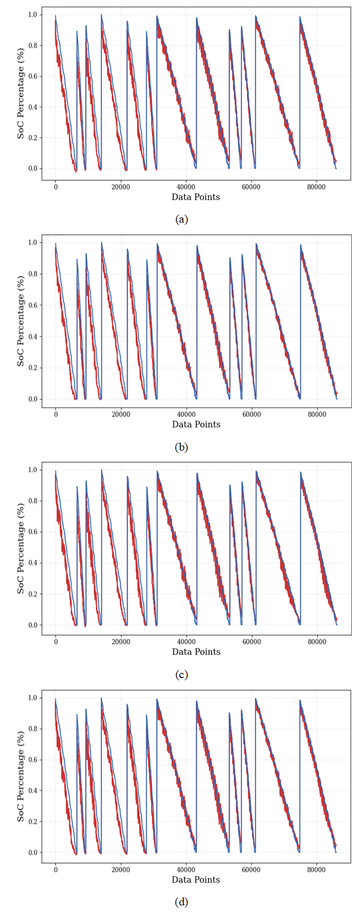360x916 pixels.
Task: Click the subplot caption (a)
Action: click(x=181, y=220)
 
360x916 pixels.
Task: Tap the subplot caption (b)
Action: click(x=181, y=448)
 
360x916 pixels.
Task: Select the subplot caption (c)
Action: click(x=181, y=675)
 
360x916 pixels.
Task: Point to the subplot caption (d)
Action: click(x=181, y=903)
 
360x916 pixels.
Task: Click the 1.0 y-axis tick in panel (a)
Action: click(x=35, y=14)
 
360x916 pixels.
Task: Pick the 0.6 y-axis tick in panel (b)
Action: click(x=35, y=305)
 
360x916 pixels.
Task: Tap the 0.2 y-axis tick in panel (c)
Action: click(x=35, y=594)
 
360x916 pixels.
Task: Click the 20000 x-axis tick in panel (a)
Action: click(x=120, y=187)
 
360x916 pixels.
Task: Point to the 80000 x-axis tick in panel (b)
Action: click(x=317, y=414)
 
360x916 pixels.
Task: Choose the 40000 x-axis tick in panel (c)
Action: click(x=186, y=642)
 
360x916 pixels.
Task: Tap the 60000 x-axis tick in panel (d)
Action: click(x=251, y=869)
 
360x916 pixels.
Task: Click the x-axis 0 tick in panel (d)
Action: click(x=56, y=869)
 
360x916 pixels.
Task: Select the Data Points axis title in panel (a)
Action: click(x=196, y=198)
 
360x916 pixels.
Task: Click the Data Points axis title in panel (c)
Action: click(x=196, y=652)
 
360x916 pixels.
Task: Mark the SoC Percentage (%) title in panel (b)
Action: click(x=21, y=322)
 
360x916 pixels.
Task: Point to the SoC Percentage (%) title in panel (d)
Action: click(x=21, y=777)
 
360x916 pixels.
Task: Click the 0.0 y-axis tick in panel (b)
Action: click(x=35, y=399)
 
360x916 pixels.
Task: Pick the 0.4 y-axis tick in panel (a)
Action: click(x=35, y=107)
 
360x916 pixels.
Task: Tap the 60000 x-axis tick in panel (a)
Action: click(x=251, y=187)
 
